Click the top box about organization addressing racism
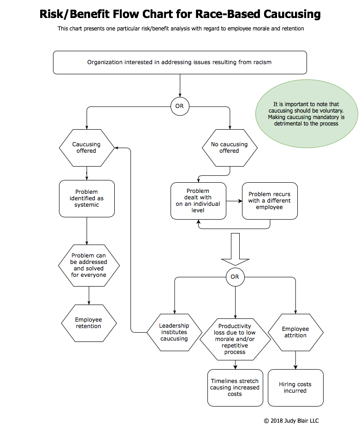180,62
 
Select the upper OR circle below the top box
179,106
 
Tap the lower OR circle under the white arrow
235,277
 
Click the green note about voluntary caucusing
307,114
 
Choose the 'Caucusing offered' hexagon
87,147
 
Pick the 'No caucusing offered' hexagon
229,147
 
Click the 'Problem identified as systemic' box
87,198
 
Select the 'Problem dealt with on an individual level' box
198,201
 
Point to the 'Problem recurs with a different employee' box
270,201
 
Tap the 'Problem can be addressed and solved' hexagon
89,265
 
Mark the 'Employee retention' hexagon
89,323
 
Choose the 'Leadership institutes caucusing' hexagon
174,332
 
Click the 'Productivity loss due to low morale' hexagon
235,339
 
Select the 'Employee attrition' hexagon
295,332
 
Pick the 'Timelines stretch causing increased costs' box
235,388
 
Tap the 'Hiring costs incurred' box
295,388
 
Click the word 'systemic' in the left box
87,205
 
